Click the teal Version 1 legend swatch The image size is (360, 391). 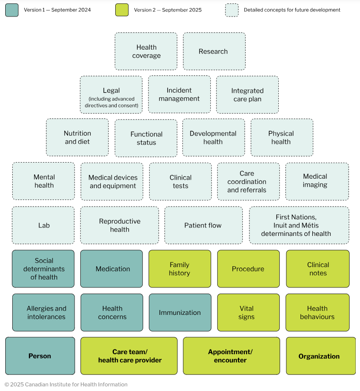12,10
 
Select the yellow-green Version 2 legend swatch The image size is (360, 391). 122,10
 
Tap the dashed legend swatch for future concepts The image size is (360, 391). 231,10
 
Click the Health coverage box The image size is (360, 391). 146,51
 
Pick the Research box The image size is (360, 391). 214,51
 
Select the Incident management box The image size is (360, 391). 180,95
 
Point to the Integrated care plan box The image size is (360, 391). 247,95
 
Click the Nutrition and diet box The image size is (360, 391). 77,138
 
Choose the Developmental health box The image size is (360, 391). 213,138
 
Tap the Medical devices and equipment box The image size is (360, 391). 112,182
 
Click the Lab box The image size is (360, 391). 43,225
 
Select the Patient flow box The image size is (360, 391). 203,225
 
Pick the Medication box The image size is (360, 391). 111,269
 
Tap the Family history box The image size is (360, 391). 180,269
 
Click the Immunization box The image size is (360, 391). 180,313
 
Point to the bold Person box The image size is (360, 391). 40,356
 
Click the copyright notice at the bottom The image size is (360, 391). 66,384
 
